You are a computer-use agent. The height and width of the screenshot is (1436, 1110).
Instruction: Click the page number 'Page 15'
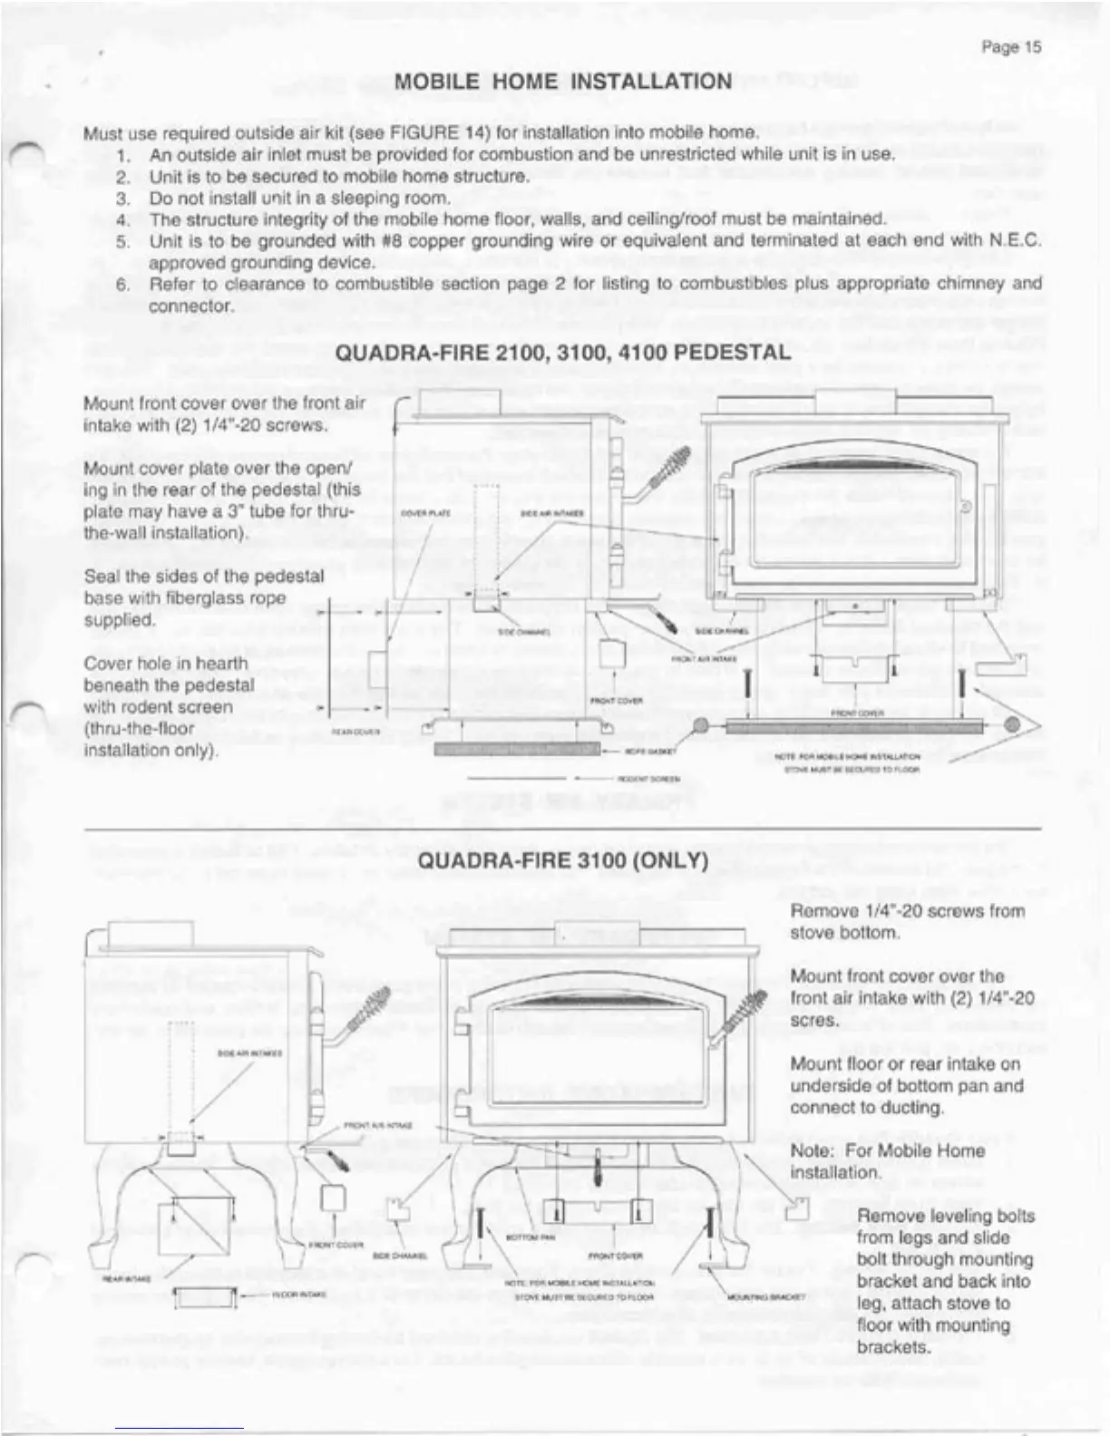(x=1011, y=47)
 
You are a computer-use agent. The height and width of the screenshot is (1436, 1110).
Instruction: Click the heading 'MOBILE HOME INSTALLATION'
(x=563, y=82)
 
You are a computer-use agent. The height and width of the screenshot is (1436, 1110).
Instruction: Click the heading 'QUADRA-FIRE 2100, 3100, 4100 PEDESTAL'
(x=562, y=353)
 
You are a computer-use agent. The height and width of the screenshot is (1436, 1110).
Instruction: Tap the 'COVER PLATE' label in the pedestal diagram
(x=425, y=513)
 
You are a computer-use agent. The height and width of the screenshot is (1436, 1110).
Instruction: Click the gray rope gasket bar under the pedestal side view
(x=517, y=748)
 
